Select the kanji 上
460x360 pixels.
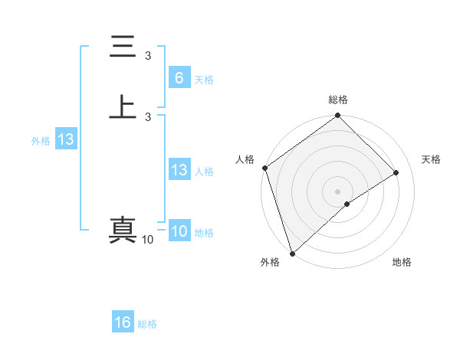coord(123,106)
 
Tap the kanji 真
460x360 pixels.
coord(123,230)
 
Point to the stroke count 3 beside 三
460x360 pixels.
coord(148,55)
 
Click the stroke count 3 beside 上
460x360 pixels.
coord(148,116)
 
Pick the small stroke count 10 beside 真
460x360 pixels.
coord(147,240)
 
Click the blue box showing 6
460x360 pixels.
coord(179,78)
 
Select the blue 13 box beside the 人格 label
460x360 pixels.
coord(179,171)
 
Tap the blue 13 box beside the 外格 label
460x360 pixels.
coord(66,140)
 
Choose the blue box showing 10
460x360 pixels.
coord(179,232)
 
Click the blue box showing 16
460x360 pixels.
coord(123,322)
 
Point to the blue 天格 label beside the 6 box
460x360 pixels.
coord(204,80)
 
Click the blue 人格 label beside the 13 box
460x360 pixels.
coord(204,172)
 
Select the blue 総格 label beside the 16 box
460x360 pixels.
coord(147,324)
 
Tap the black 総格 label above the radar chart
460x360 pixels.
coord(338,100)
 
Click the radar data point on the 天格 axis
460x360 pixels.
coord(396,172)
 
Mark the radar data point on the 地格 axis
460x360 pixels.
coord(347,204)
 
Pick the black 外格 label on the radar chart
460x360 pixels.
coord(269,262)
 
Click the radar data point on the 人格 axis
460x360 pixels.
coord(264,168)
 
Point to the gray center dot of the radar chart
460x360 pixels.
coord(338,191)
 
